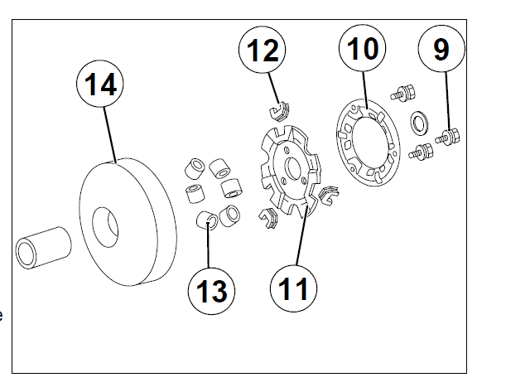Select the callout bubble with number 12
click(263, 51)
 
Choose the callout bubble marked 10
click(363, 51)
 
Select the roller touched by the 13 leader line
click(207, 220)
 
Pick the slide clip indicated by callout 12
click(279, 108)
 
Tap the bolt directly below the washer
click(422, 152)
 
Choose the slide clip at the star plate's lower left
click(267, 217)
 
